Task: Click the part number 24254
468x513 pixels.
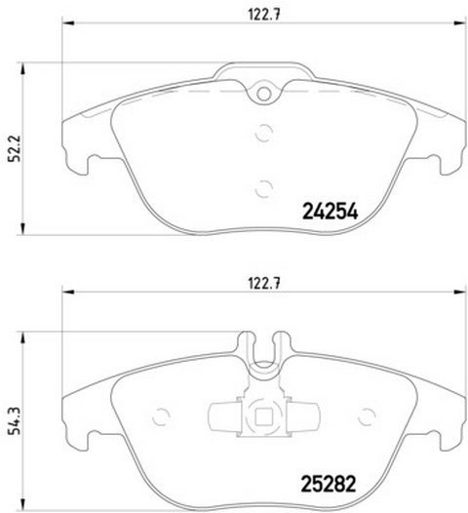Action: coord(331,211)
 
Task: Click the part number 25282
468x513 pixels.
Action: coord(328,484)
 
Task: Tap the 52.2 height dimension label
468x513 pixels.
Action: coord(14,148)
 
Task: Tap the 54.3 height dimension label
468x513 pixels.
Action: coord(14,420)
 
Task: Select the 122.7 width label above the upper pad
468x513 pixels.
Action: coord(264,15)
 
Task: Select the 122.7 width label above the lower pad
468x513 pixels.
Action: coord(264,284)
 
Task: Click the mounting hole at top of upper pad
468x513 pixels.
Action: coord(263,95)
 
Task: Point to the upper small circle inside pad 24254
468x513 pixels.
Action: coord(263,133)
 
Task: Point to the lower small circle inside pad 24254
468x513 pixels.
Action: coord(263,189)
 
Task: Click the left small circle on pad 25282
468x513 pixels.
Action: coord(161,416)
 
